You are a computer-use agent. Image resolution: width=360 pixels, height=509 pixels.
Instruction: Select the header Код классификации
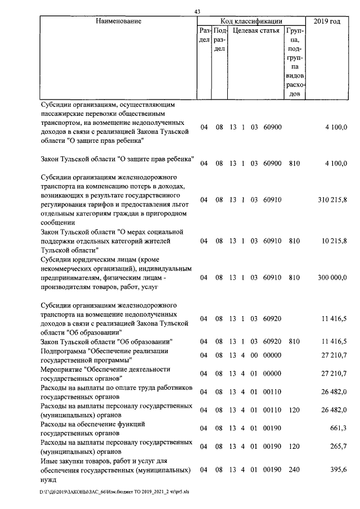click(x=251, y=21)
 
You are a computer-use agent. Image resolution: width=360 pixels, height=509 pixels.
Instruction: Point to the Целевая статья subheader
click(x=255, y=30)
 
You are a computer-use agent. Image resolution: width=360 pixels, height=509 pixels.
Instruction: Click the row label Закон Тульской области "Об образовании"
click(x=106, y=341)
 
